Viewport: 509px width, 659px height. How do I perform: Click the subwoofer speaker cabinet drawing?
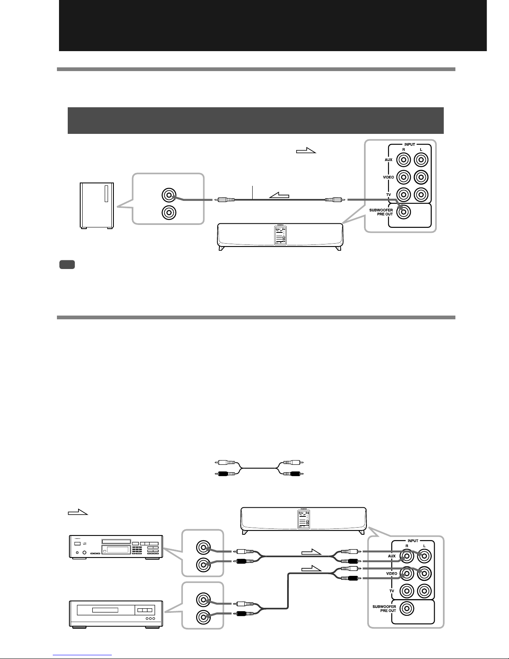[97, 205]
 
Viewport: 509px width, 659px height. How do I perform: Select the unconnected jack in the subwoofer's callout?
[169, 212]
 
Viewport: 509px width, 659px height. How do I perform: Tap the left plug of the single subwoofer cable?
[224, 200]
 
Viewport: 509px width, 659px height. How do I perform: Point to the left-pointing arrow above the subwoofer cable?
[279, 195]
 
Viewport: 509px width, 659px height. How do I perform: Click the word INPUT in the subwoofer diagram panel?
[410, 145]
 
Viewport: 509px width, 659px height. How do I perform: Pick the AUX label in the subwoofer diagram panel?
[389, 160]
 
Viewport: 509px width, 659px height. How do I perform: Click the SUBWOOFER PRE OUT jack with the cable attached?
[403, 212]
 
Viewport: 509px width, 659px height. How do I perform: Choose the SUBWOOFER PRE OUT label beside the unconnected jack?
[384, 609]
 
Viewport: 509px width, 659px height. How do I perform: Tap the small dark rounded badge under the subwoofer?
[67, 265]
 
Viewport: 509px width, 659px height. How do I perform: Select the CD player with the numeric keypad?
[116, 547]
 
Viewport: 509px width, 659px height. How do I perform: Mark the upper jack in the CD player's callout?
[203, 548]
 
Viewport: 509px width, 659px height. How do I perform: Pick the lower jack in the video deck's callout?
[203, 617]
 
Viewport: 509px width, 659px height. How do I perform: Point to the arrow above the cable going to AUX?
[311, 552]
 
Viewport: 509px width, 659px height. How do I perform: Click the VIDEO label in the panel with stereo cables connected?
[392, 574]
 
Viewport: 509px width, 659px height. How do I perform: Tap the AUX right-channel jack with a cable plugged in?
[407, 556]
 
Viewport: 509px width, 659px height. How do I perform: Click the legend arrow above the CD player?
[78, 512]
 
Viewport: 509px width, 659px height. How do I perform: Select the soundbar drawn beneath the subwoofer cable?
[280, 237]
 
